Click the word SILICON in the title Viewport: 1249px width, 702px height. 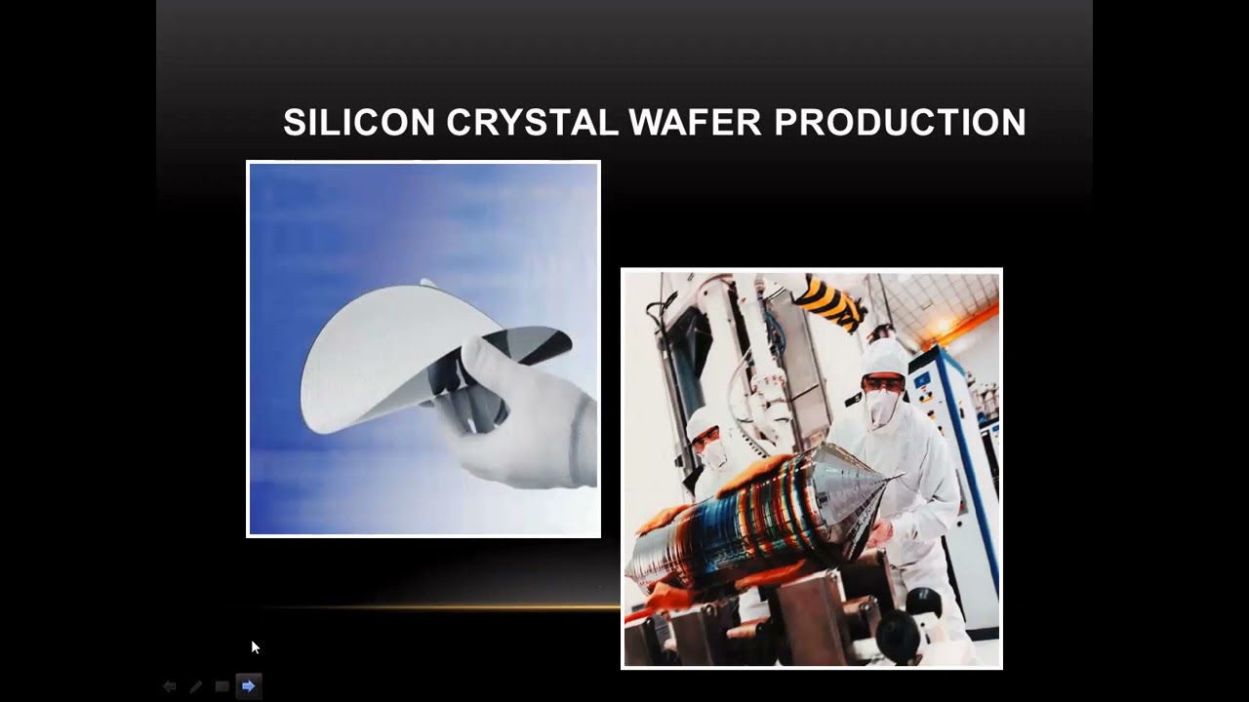tap(358, 123)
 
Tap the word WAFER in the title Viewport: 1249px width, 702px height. tap(695, 123)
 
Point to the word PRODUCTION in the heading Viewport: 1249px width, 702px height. tap(900, 123)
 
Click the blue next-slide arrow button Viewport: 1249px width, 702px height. tap(249, 686)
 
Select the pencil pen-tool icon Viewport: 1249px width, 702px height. tap(196, 686)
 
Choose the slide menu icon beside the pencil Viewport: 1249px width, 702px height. tap(222, 686)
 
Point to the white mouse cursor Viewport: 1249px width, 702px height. tap(255, 646)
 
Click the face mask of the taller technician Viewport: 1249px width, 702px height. tap(882, 406)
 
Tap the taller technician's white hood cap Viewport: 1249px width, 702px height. tap(884, 357)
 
